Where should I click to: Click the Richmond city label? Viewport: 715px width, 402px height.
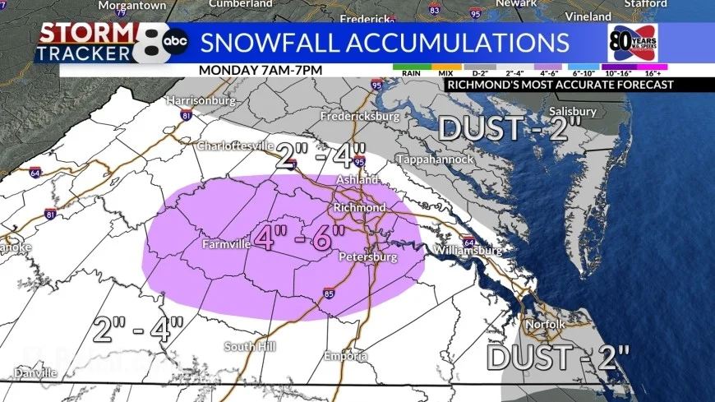(359, 208)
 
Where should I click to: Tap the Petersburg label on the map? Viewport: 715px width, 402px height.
(368, 258)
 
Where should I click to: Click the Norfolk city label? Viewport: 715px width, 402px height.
(546, 325)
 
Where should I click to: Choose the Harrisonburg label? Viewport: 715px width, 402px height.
(201, 101)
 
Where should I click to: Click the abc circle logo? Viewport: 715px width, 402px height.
(175, 42)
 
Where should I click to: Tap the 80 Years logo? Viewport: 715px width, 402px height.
(631, 42)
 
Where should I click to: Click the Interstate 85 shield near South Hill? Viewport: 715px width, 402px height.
(328, 292)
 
